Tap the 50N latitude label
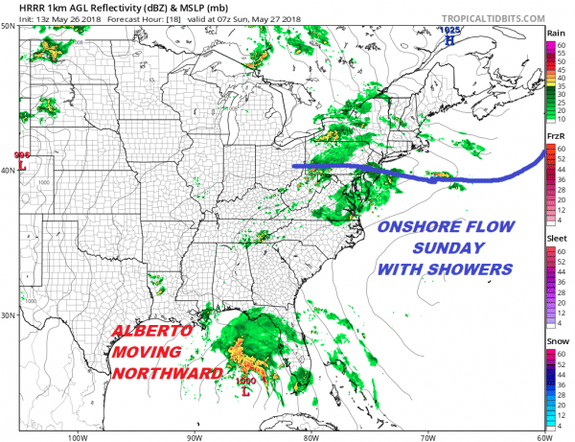[10, 26]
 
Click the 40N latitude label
[10, 171]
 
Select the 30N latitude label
[10, 315]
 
